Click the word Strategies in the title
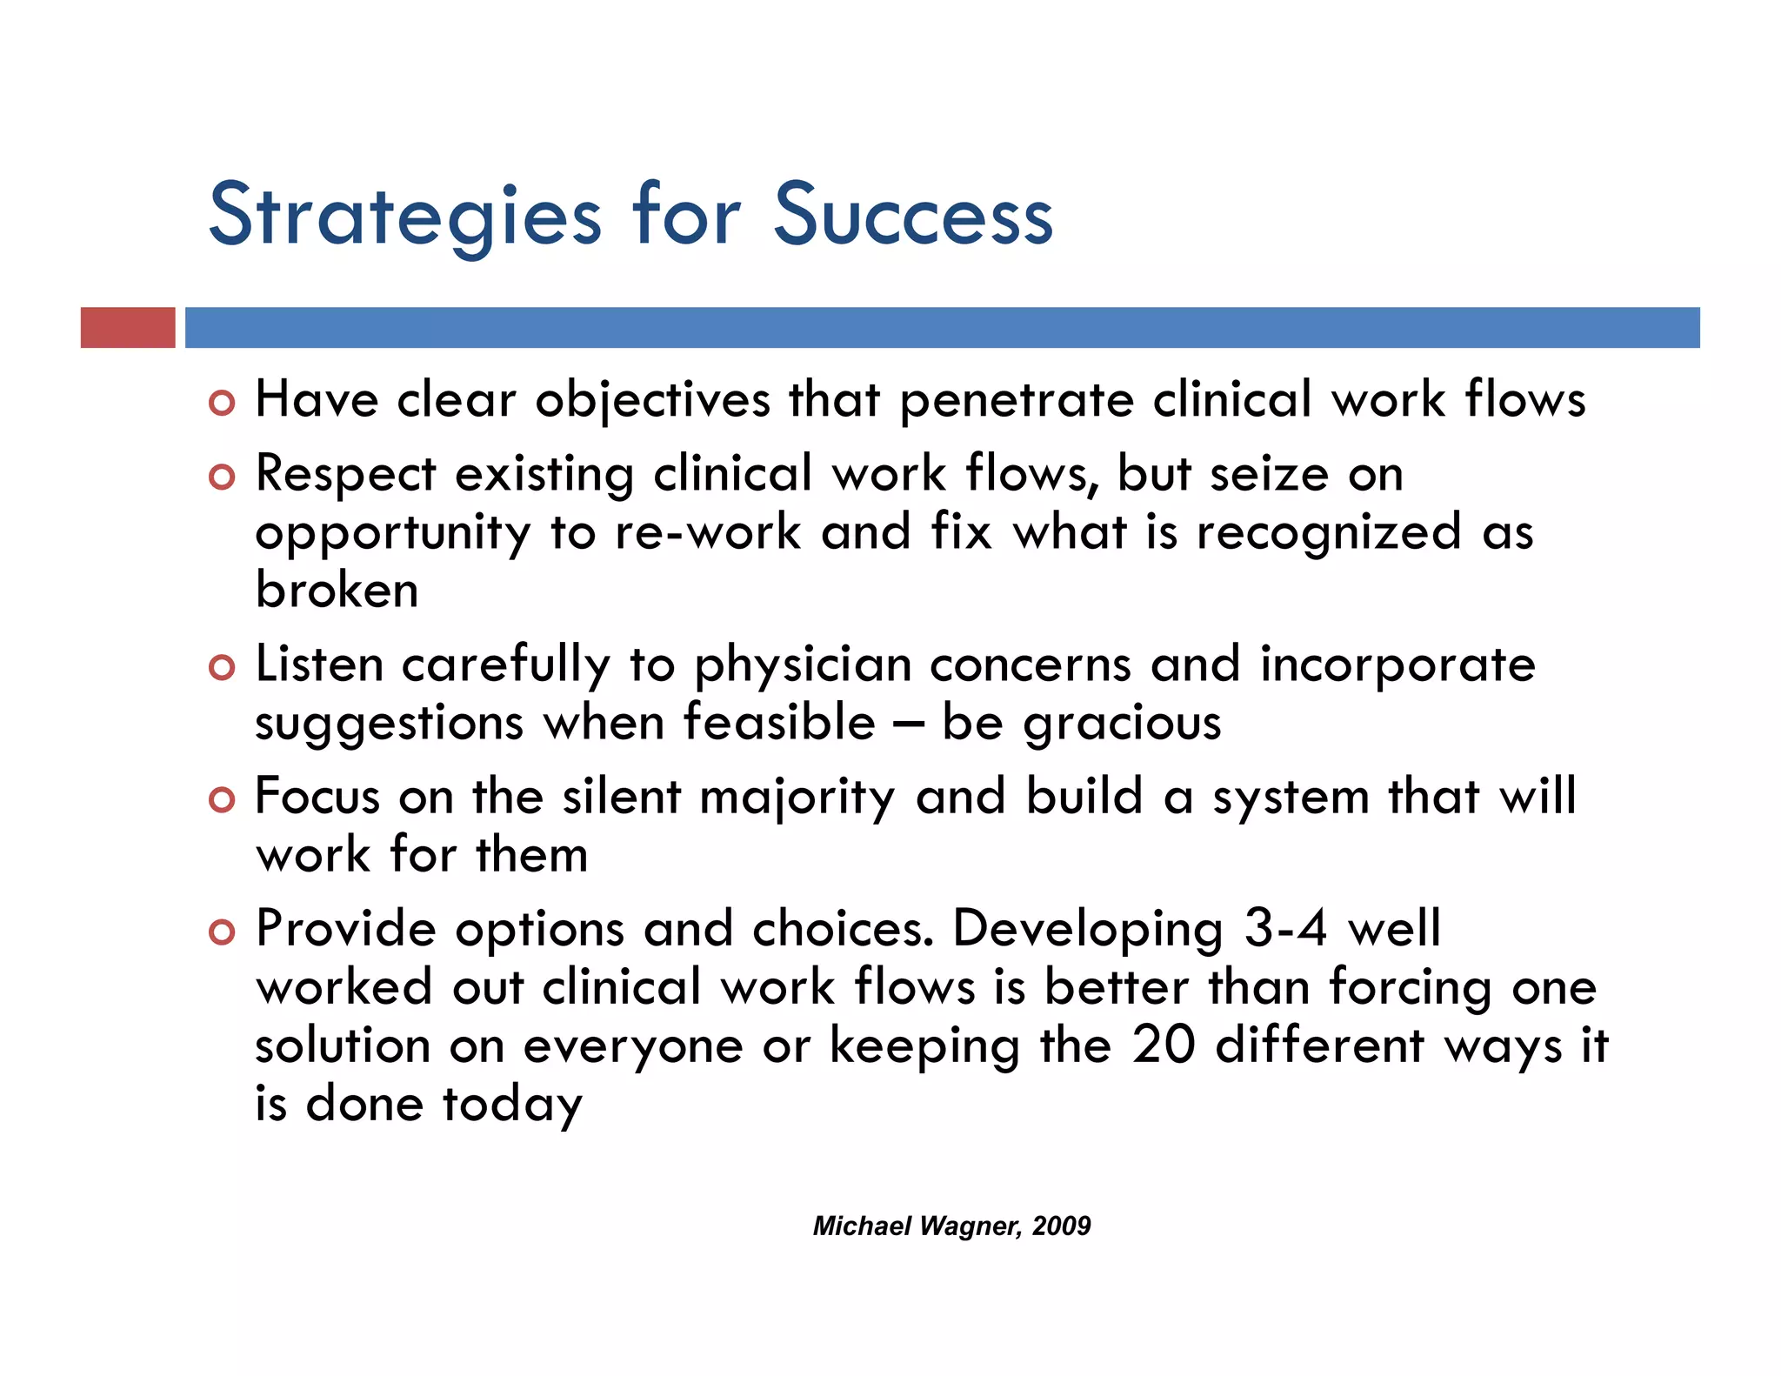[x=404, y=216]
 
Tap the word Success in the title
[x=913, y=216]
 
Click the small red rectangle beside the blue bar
[x=128, y=328]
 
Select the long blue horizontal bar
[x=942, y=328]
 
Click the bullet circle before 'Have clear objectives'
[x=223, y=404]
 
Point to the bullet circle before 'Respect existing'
[x=223, y=478]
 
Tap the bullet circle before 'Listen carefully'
[x=223, y=668]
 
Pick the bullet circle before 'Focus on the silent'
[x=223, y=800]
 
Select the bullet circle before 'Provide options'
[x=223, y=932]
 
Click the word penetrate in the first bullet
[x=1017, y=402]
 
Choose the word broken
[x=337, y=591]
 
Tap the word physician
[x=802, y=666]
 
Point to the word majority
[x=797, y=798]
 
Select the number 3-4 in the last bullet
[x=1285, y=929]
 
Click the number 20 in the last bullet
[x=1164, y=1045]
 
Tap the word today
[x=512, y=1105]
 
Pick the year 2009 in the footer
[x=1062, y=1226]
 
